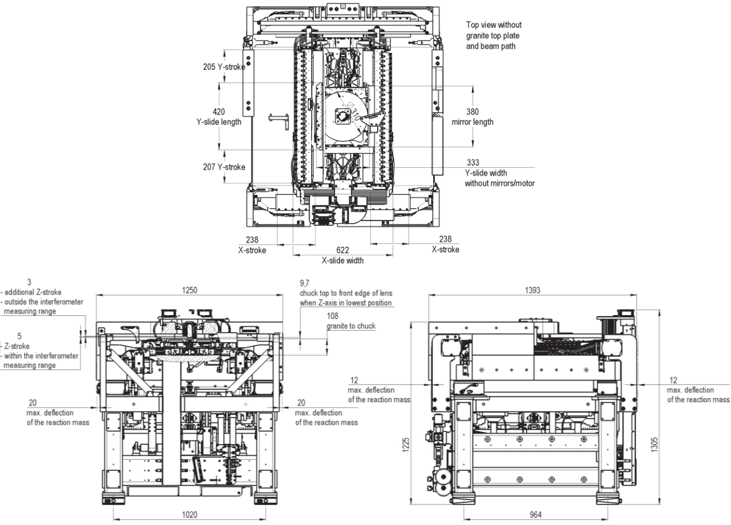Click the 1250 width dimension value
click(x=189, y=290)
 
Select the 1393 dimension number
click(x=532, y=290)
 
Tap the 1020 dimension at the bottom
click(x=189, y=514)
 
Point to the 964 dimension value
click(x=536, y=514)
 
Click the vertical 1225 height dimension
click(x=405, y=445)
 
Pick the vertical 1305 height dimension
click(x=654, y=445)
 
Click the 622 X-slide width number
click(x=342, y=250)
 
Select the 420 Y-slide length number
click(x=219, y=112)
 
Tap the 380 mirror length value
click(x=472, y=112)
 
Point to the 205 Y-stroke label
click(x=224, y=67)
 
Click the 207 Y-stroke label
click(x=224, y=167)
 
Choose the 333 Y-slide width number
click(x=473, y=162)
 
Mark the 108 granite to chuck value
click(x=333, y=316)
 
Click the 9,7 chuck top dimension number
click(x=304, y=283)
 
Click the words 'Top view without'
click(x=494, y=25)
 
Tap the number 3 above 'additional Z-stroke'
click(x=29, y=282)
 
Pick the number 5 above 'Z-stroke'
click(x=19, y=336)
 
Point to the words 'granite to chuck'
click(x=351, y=326)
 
